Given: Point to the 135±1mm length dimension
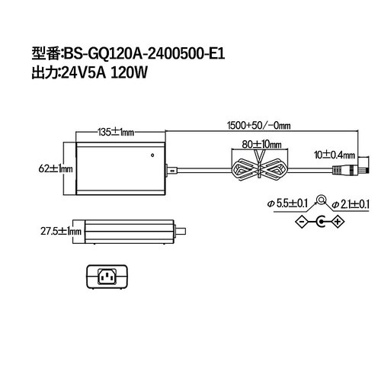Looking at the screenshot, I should point(116,132).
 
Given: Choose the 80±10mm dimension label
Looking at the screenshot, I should point(261,144).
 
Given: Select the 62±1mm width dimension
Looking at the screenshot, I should point(56,167).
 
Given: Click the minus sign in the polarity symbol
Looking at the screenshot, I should point(301,222).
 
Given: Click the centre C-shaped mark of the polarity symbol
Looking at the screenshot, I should point(320,222).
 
